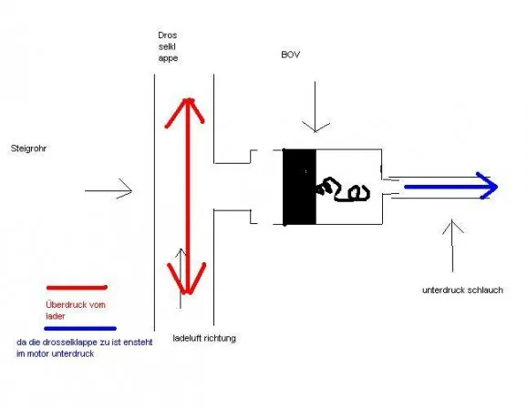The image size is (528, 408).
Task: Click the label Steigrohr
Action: (x=28, y=148)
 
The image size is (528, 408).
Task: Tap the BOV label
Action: (x=290, y=55)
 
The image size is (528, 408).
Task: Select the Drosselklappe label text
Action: (x=168, y=46)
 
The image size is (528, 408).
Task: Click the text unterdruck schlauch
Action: (x=462, y=290)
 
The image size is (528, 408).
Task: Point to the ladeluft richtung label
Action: (x=204, y=338)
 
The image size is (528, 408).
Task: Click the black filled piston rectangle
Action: (x=300, y=187)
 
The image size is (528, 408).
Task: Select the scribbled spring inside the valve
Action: (x=344, y=190)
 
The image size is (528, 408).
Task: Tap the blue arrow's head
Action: (x=488, y=186)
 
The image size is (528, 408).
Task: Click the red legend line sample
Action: (x=77, y=288)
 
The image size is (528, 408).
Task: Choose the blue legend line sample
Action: (x=80, y=329)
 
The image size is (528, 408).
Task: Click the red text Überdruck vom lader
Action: (x=76, y=311)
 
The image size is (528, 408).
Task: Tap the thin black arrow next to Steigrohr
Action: (x=109, y=190)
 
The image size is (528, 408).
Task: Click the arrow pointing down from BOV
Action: (x=316, y=107)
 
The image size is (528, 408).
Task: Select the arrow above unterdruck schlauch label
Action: (x=452, y=246)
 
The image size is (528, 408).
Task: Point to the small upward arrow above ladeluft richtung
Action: (x=181, y=279)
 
